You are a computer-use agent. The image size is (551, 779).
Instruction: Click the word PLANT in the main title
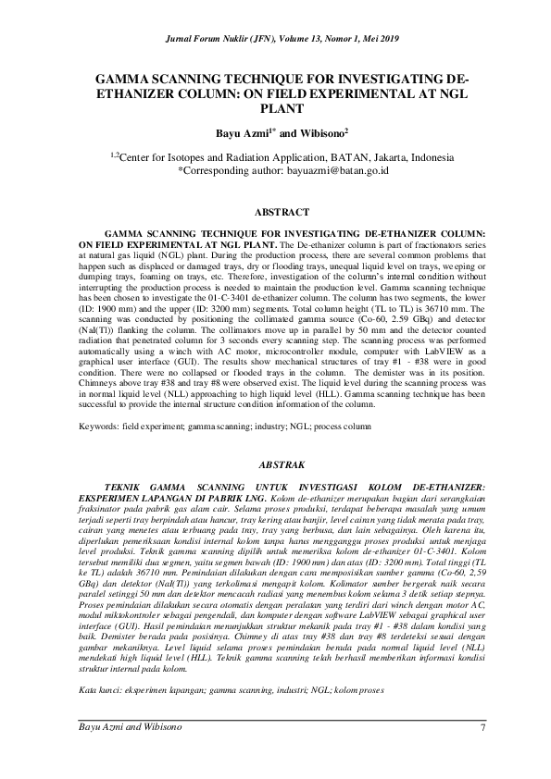[x=275, y=107]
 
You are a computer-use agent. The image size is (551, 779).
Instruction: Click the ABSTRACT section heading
[x=275, y=212]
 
